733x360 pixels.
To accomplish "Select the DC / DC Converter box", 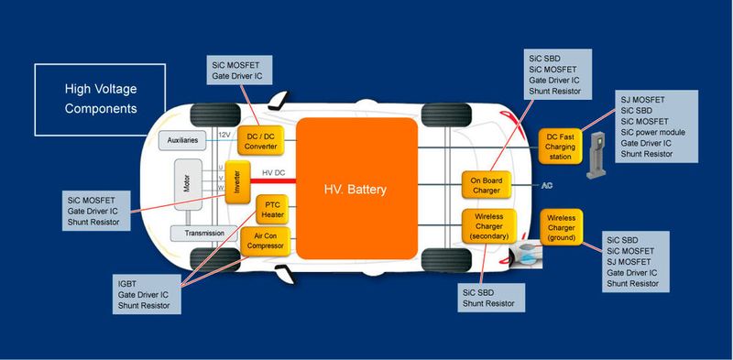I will tap(261, 140).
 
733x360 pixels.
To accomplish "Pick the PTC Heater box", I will tap(272, 208).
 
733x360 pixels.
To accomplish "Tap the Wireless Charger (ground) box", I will tap(563, 226).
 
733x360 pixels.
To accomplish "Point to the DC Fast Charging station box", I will tap(561, 145).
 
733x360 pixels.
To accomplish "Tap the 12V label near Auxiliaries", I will tap(224, 135).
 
